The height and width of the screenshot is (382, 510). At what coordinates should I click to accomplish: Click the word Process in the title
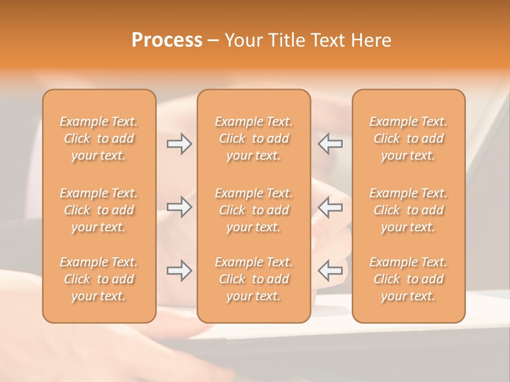pos(167,40)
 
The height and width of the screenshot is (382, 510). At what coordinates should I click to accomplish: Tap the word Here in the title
pos(371,40)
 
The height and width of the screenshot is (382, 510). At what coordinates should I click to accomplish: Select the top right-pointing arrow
pos(180,144)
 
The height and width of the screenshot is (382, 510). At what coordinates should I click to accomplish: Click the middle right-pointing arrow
pos(180,207)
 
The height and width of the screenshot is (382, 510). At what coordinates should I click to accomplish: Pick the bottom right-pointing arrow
pos(180,271)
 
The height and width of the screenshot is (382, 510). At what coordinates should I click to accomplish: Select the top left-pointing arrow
pos(330,144)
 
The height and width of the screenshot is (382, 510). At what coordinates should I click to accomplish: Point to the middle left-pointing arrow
pos(330,207)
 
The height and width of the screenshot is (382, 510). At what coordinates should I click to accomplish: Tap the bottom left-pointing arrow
pos(330,271)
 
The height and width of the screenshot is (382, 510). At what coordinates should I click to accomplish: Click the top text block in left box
pos(99,138)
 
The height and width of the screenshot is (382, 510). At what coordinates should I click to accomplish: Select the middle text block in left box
pos(99,210)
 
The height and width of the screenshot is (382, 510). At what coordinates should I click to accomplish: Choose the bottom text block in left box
pos(99,279)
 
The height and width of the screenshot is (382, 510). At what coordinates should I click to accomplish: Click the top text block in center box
pos(253,138)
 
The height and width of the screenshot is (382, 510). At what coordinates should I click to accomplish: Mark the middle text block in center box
pos(253,210)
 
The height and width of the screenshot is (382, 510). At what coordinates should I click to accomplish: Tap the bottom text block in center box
pos(253,279)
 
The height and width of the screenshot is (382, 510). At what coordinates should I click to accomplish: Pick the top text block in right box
pos(408,138)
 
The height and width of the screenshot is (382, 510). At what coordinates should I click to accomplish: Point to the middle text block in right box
pos(408,210)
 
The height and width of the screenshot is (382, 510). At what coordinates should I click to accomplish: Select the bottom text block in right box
pos(408,279)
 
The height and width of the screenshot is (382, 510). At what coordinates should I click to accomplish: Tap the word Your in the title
pos(242,40)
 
